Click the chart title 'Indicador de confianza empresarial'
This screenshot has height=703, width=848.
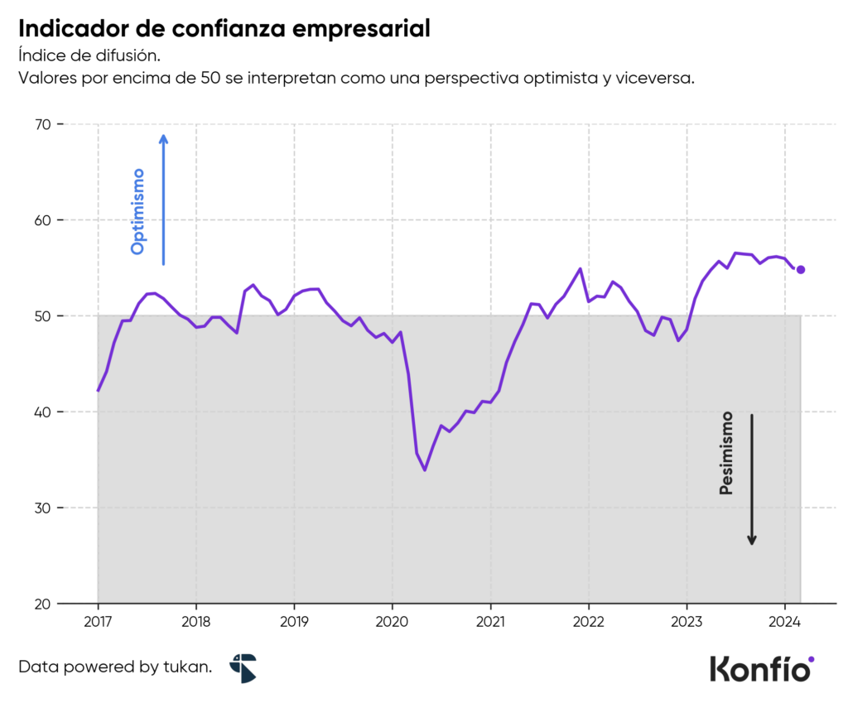[x=224, y=29]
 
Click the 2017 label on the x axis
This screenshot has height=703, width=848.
[x=98, y=623]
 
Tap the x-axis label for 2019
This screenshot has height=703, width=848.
[x=294, y=623]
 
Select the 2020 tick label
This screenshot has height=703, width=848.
[x=392, y=623]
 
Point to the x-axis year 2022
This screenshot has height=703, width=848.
[x=588, y=623]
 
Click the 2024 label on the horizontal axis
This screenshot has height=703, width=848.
[x=784, y=623]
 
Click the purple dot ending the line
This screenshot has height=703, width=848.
[x=801, y=269]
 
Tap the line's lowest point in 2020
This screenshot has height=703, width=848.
[x=425, y=470]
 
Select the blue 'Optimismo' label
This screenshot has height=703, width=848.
[x=138, y=211]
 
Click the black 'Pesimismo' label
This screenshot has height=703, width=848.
[x=726, y=453]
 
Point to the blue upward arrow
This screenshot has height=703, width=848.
[x=164, y=199]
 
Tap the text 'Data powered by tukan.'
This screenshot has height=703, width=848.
[x=115, y=667]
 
